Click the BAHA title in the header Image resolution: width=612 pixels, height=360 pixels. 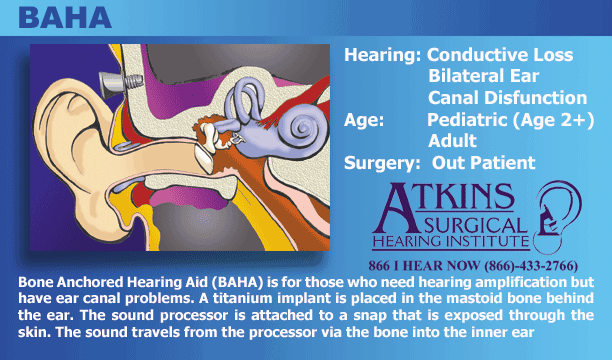pyautogui.click(x=65, y=18)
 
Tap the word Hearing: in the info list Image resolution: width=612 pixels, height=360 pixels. pyautogui.click(x=382, y=55)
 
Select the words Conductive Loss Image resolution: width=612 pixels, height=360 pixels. pyautogui.click(x=500, y=55)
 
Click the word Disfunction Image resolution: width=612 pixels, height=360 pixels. pyautogui.click(x=536, y=98)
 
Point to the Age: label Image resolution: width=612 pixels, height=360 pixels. pyautogui.click(x=364, y=120)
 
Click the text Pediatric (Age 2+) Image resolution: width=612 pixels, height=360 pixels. pyautogui.click(x=511, y=120)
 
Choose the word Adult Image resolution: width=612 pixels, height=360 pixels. pyautogui.click(x=452, y=141)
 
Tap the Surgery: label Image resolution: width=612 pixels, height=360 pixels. pyautogui.click(x=382, y=163)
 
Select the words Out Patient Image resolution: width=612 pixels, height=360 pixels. pyautogui.click(x=483, y=162)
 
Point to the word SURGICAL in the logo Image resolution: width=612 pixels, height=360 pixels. pyautogui.click(x=475, y=226)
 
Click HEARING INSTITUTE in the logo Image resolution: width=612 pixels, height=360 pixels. pyautogui.click(x=451, y=242)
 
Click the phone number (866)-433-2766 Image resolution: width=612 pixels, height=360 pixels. pyautogui.click(x=531, y=266)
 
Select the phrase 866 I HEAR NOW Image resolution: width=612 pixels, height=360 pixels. pyautogui.click(x=424, y=266)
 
